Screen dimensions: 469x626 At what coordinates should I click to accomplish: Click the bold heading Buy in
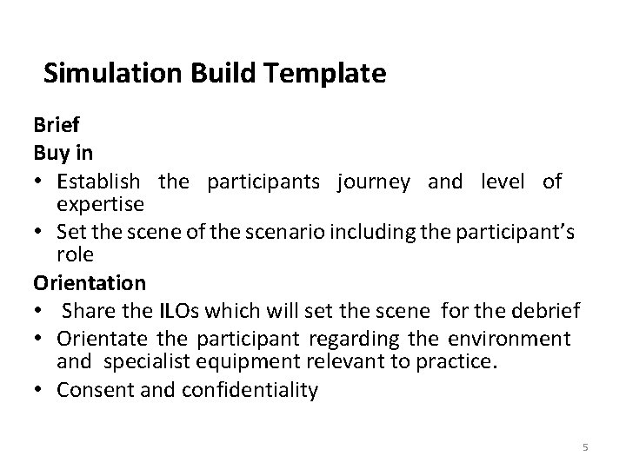pos(63,154)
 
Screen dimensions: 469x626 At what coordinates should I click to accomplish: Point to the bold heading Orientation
pos(90,283)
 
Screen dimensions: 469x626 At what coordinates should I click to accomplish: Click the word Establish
pos(98,181)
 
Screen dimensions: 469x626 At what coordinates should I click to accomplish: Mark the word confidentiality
pos(250,391)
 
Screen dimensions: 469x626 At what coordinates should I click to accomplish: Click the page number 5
pos(585,447)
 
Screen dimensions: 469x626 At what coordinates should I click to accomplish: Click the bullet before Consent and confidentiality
pos(41,391)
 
